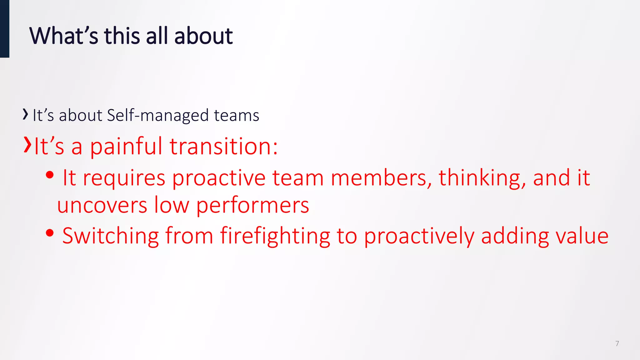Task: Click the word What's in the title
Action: (64, 36)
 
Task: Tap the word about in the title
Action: (203, 36)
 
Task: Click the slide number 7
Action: (617, 343)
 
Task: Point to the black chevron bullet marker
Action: (25, 114)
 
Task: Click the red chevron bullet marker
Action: (27, 145)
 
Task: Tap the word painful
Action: (126, 147)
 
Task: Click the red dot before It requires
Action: (49, 175)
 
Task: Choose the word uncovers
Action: (102, 205)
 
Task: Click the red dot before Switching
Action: (49, 233)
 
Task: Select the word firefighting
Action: (275, 236)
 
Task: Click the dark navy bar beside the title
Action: (4, 29)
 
